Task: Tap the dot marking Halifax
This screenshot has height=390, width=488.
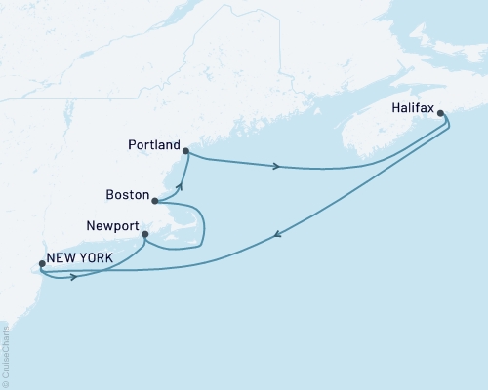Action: (x=442, y=114)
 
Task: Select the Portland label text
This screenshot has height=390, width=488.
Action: (x=154, y=145)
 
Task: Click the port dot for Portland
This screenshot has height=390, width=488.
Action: (x=185, y=149)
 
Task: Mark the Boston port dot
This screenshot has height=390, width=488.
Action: (x=156, y=202)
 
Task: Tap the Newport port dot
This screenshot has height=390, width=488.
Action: (x=144, y=234)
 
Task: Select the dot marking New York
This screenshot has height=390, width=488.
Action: (x=41, y=262)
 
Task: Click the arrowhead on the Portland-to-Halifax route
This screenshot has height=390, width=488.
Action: (x=277, y=166)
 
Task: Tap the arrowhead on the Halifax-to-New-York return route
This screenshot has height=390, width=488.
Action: (x=279, y=233)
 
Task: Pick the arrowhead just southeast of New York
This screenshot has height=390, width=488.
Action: (x=73, y=277)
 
